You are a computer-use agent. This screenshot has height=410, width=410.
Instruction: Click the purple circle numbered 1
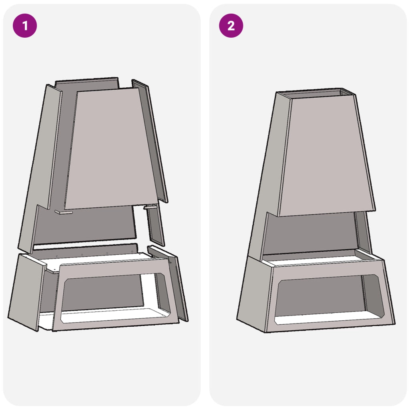(x=25, y=26)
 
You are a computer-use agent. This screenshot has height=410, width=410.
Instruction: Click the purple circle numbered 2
(x=231, y=26)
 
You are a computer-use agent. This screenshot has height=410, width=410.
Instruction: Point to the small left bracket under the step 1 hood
(x=64, y=212)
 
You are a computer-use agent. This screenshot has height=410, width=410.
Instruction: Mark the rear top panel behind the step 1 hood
(x=86, y=85)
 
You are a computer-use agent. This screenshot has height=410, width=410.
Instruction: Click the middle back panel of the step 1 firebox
(x=85, y=225)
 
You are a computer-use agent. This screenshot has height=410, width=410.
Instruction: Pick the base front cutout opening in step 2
(x=328, y=299)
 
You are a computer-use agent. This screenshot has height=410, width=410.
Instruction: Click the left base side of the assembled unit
(x=255, y=294)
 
